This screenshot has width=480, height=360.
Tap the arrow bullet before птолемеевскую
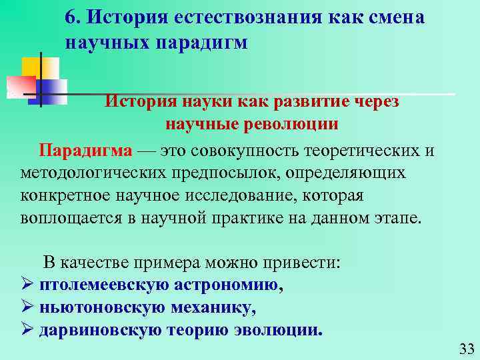27,285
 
